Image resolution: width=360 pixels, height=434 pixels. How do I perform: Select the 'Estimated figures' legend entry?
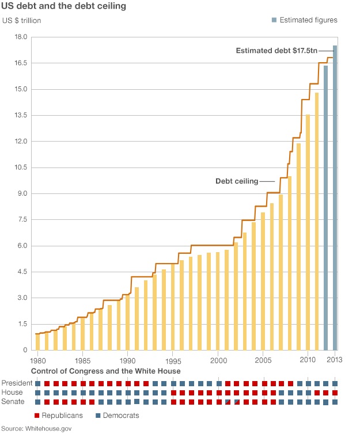coord(308,20)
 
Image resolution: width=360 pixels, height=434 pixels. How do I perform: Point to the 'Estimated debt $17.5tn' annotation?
coord(276,51)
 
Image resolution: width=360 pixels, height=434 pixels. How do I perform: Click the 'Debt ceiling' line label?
coord(237,181)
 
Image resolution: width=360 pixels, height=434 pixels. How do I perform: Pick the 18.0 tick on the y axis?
coord(21,37)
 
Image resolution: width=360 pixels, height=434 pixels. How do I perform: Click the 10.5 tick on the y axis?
coord(21,167)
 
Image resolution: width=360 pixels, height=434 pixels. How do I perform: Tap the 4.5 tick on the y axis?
coord(21,272)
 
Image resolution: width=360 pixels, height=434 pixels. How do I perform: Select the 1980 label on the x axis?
coord(38,360)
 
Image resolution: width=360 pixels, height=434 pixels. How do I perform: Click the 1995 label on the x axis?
coord(173,360)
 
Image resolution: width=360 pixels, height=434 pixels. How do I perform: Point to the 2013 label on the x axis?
coord(335,360)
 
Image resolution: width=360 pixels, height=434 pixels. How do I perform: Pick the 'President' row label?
coord(17,383)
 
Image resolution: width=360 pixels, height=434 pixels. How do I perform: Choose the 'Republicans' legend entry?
coord(61,415)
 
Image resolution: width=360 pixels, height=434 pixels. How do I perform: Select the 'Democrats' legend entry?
coord(121,415)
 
